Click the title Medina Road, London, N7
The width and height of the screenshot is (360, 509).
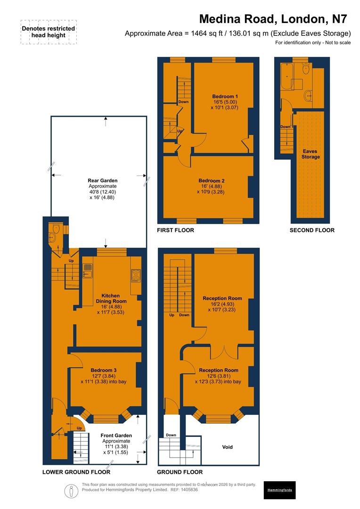coord(273,19)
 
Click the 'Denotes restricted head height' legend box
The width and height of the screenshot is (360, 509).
coord(48,32)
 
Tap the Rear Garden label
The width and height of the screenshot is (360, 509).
coord(102,181)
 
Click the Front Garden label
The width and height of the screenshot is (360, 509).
coord(116,435)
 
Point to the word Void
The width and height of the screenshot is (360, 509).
coord(227,447)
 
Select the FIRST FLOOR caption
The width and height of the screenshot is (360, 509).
coord(176,230)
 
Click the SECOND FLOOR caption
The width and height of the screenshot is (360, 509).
coord(312,230)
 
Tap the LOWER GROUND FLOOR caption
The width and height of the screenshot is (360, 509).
coord(76,472)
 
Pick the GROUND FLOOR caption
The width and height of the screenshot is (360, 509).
coord(180,472)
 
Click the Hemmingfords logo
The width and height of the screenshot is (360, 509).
coord(279,490)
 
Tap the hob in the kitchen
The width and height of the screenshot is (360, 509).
coord(136,275)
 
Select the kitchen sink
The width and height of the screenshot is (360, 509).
coord(88,270)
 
